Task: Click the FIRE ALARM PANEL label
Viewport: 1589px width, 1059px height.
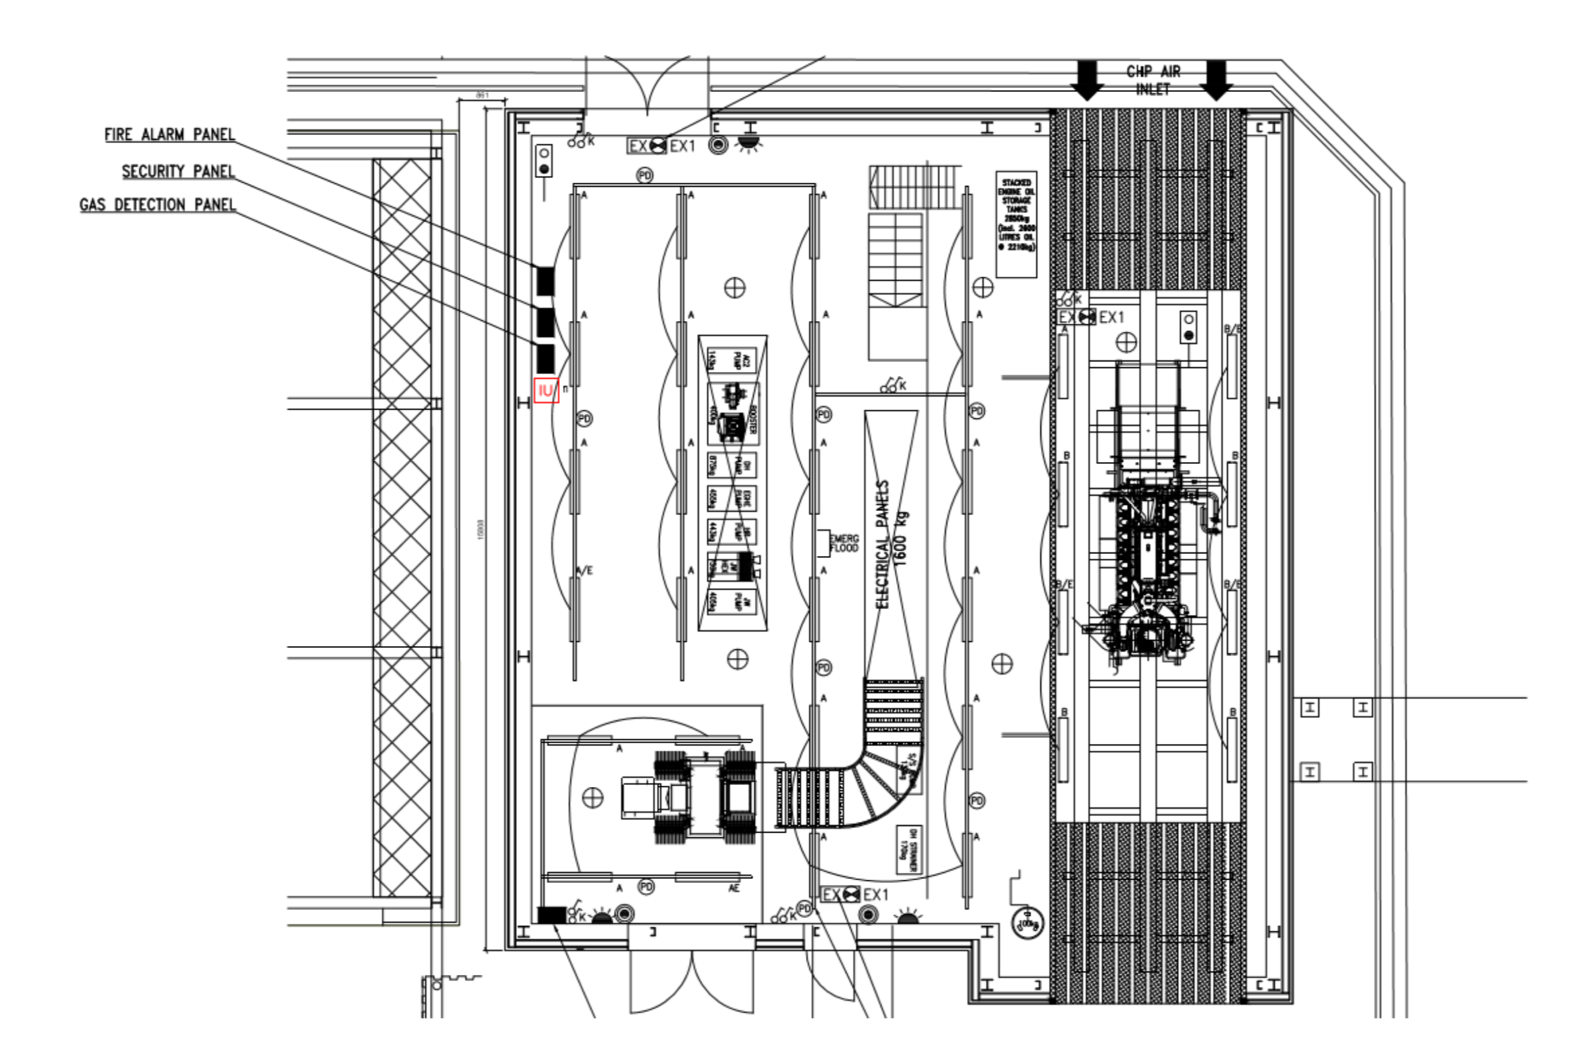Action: [x=169, y=134]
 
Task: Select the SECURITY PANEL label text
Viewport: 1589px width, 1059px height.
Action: [x=178, y=171]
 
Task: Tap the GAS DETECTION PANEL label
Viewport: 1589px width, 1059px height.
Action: [x=158, y=205]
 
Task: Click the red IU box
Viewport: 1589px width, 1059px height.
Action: [x=546, y=391]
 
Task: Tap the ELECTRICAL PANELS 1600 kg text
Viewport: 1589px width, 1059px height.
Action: [x=892, y=543]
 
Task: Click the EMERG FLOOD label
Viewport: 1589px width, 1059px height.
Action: [x=843, y=543]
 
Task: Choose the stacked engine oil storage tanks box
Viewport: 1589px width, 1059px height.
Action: [x=1016, y=224]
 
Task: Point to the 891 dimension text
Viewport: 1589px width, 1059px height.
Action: [x=482, y=96]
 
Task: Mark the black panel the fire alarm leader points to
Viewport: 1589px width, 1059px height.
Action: [x=545, y=281]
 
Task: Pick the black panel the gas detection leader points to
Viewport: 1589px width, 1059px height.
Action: [x=545, y=359]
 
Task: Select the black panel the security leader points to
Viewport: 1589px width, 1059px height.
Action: [x=545, y=322]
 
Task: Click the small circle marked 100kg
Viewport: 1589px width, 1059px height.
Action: [x=1027, y=923]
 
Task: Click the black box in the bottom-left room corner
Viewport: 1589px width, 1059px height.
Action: [x=552, y=915]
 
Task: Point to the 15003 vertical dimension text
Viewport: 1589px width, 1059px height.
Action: [x=481, y=529]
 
